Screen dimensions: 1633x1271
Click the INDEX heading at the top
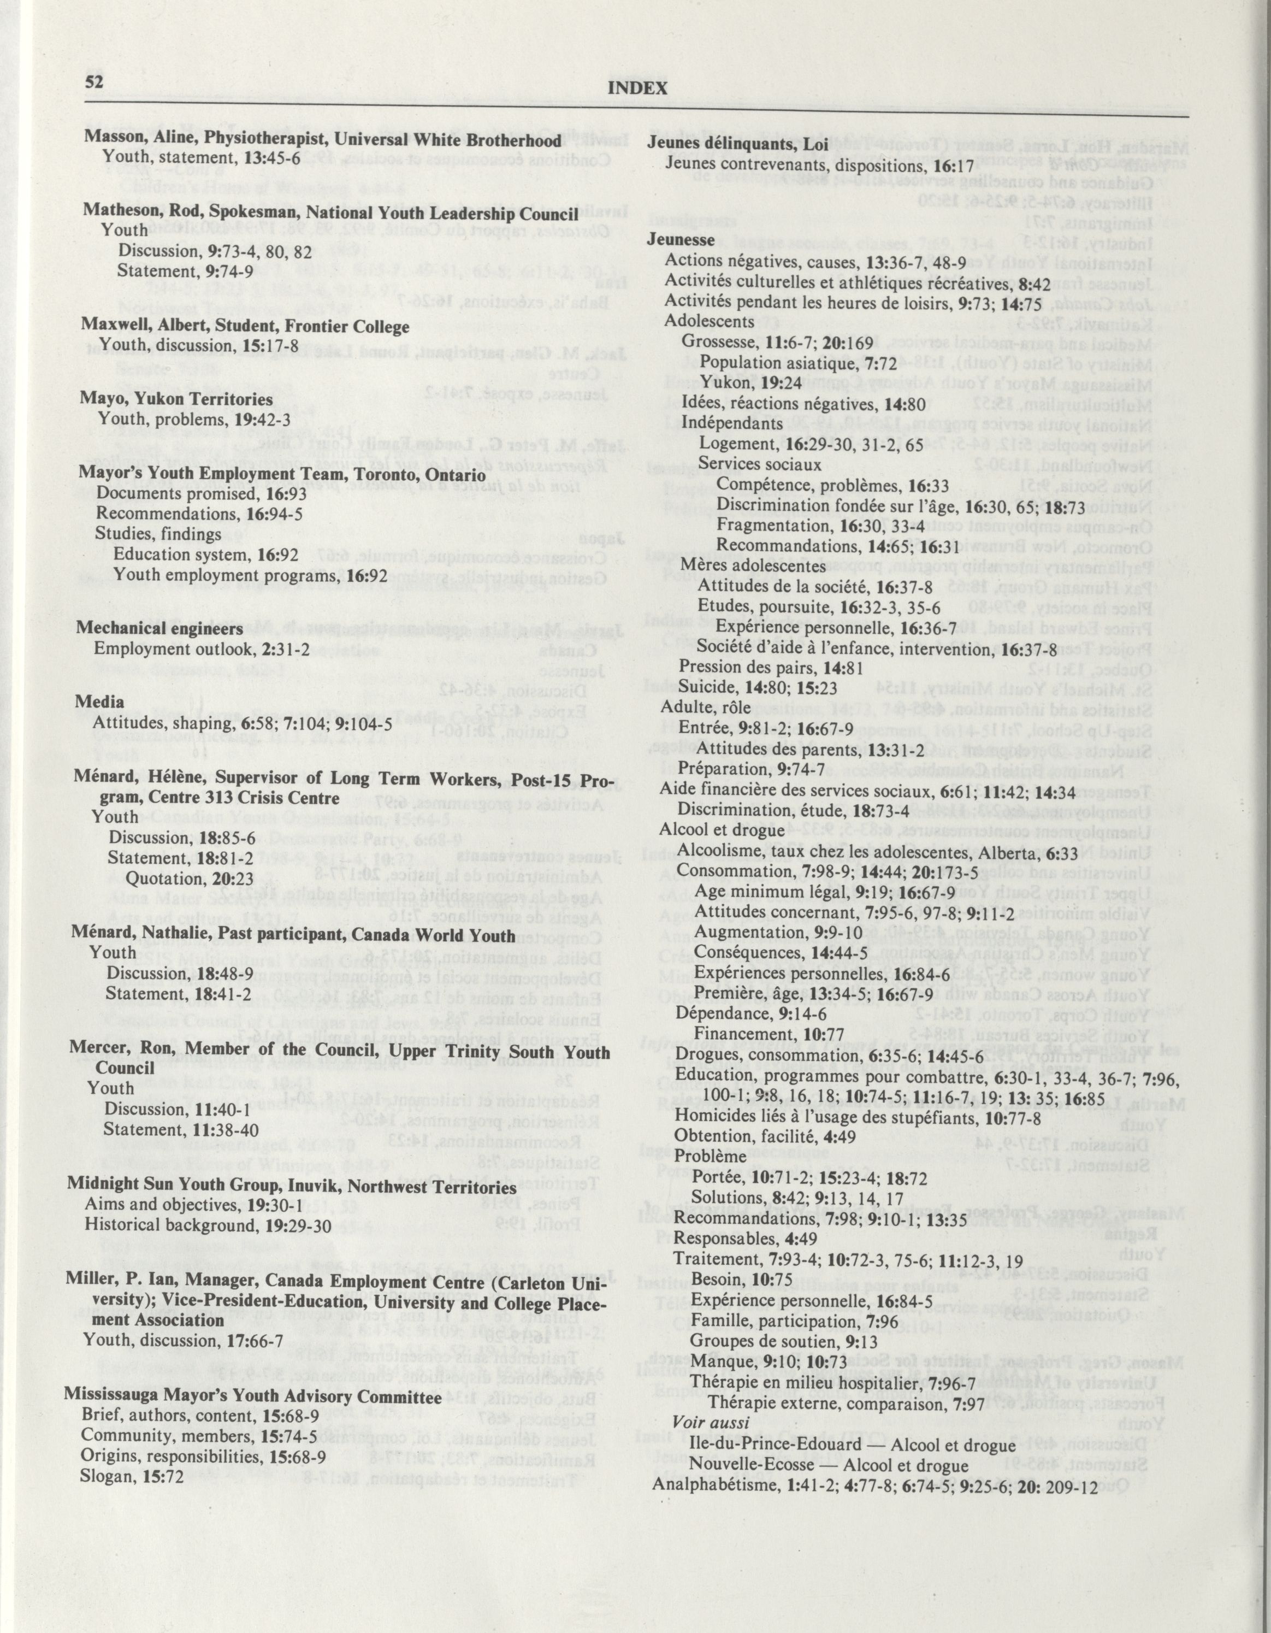click(x=638, y=88)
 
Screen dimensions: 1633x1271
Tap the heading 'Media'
click(x=99, y=701)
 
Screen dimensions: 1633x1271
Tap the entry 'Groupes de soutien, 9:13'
click(x=770, y=1339)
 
